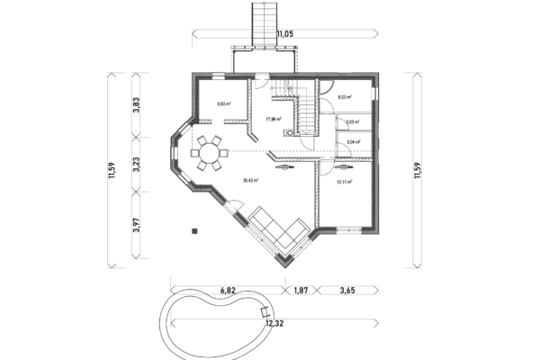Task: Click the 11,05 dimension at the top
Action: pos(285,33)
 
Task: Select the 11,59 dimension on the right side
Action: pos(417,170)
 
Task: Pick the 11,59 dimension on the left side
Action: pos(112,170)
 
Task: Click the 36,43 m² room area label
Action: pos(250,180)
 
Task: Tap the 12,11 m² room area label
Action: pos(343,181)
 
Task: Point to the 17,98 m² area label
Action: pos(273,119)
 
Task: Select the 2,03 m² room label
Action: pos(352,121)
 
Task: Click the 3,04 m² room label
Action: pos(352,141)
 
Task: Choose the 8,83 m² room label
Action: pos(224,103)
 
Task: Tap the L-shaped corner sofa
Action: pos(279,230)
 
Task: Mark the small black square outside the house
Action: pos(193,231)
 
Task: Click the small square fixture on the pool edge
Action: pos(265,312)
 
